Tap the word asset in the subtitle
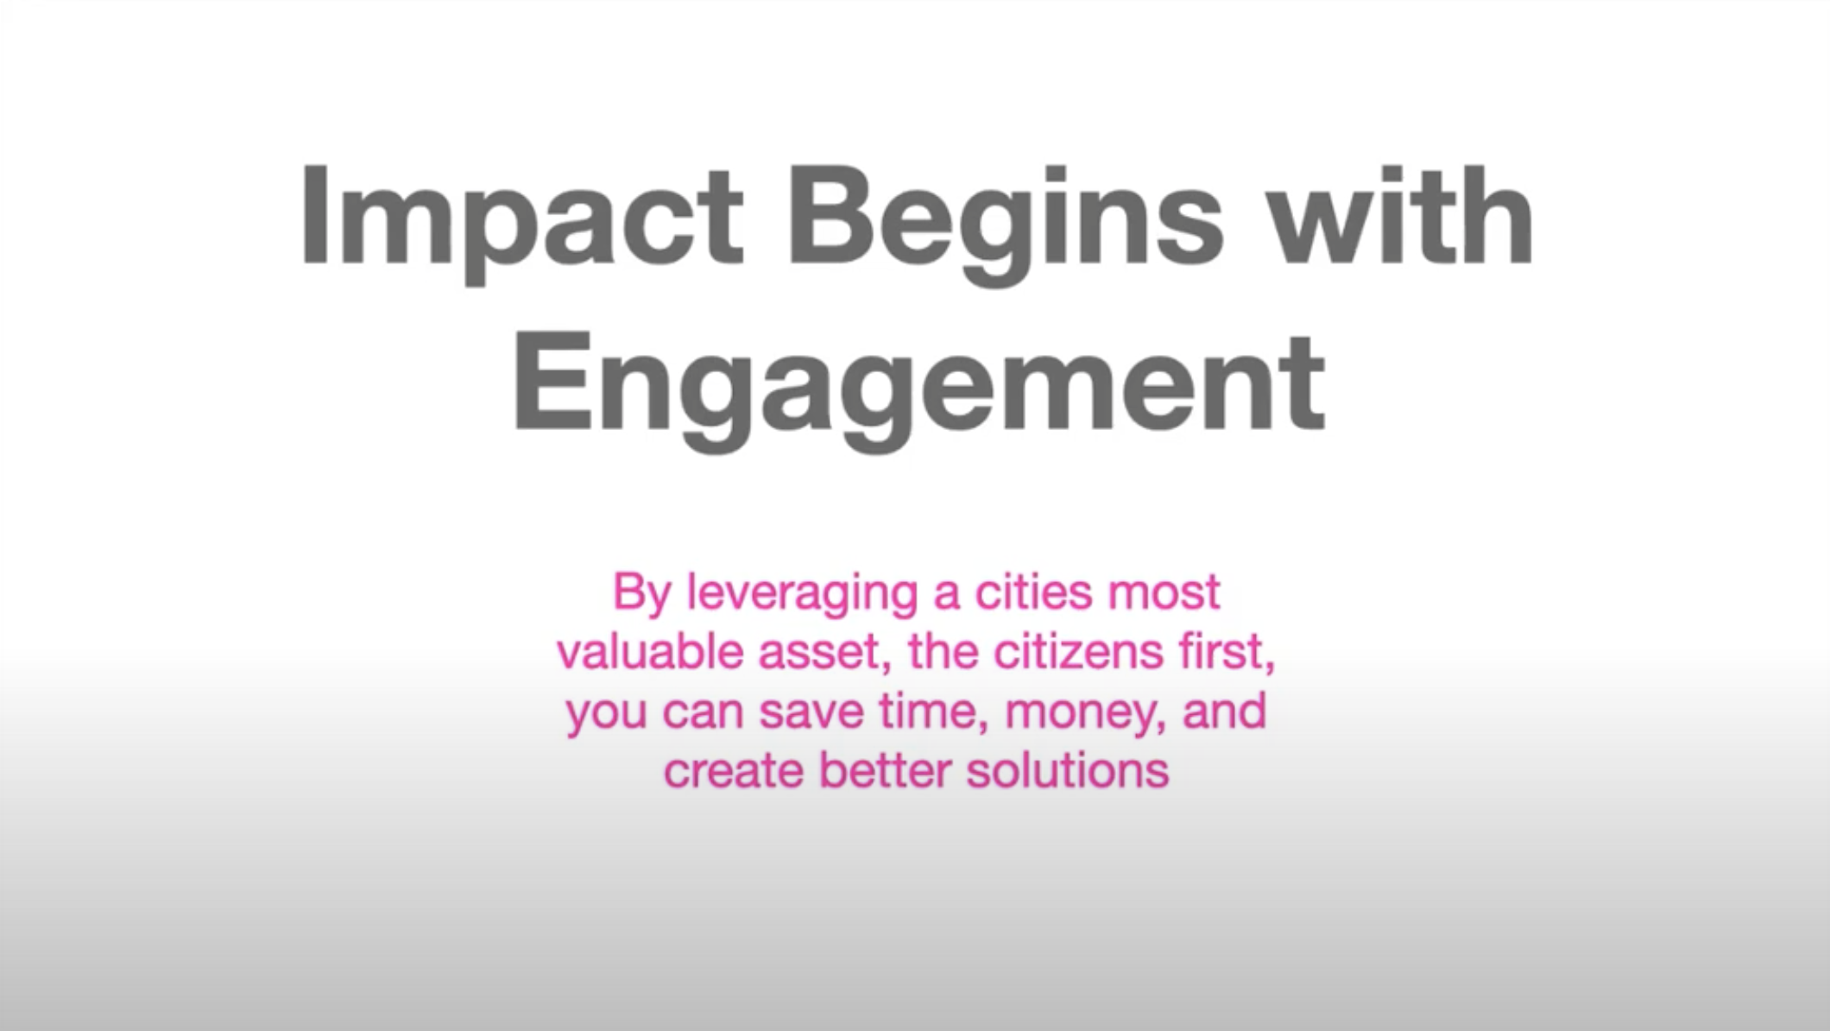pyautogui.click(x=825, y=655)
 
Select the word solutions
pyautogui.click(x=1067, y=770)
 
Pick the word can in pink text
pyautogui.click(x=704, y=715)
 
